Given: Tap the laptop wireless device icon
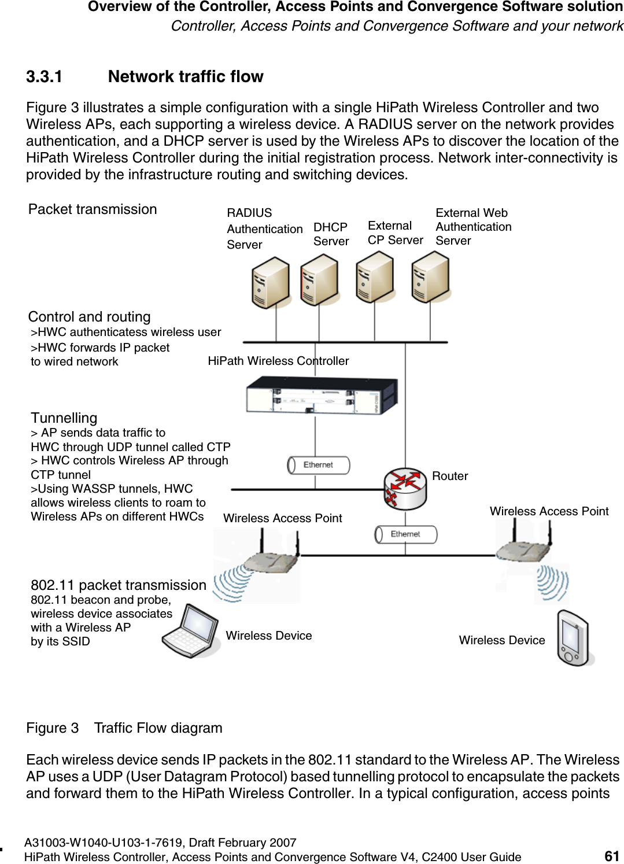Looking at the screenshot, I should pos(191,631).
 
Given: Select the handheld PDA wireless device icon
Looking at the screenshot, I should pos(574,638).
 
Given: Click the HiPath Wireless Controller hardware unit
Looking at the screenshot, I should pos(322,396).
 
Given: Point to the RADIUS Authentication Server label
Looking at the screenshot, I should pos(264,229).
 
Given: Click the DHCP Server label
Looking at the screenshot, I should pos(331,234).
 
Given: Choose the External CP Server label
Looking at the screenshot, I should pos(395,233).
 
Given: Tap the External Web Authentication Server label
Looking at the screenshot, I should pos(473,227).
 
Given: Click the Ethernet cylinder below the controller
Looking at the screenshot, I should pos(319,465).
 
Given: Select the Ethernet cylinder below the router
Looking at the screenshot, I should pos(405,534).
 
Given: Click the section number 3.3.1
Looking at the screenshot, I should pos(44,77).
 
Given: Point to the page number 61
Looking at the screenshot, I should pos(612,856).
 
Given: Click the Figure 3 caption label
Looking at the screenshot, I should pos(52,728).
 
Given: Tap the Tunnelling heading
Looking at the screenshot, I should pos(64,418).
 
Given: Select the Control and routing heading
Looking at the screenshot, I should pos(89,317).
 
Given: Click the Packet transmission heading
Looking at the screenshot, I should pos(93,209).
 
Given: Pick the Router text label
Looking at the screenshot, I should pos(450,476).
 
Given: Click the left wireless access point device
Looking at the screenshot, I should pos(271,558).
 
